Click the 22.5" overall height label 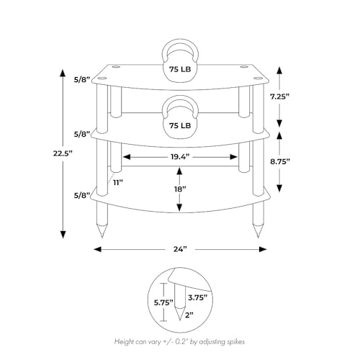pyautogui.click(x=63, y=153)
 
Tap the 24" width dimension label pyautogui.click(x=180, y=250)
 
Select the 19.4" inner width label pyautogui.click(x=180, y=157)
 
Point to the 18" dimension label pyautogui.click(x=180, y=189)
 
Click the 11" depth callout pyautogui.click(x=118, y=183)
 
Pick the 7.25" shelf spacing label pyautogui.click(x=279, y=96)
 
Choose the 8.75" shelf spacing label pyautogui.click(x=280, y=161)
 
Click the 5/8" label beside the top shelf pyautogui.click(x=81, y=80)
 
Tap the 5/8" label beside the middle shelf pyautogui.click(x=81, y=134)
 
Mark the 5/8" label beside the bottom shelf pyautogui.click(x=81, y=196)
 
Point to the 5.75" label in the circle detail pyautogui.click(x=163, y=302)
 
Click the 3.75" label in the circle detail pyautogui.click(x=197, y=297)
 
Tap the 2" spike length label pyautogui.click(x=189, y=315)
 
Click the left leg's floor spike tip pyautogui.click(x=102, y=238)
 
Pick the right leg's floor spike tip pyautogui.click(x=258, y=238)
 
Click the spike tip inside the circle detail pyautogui.click(x=180, y=320)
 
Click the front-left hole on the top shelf pyautogui.click(x=102, y=78)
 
